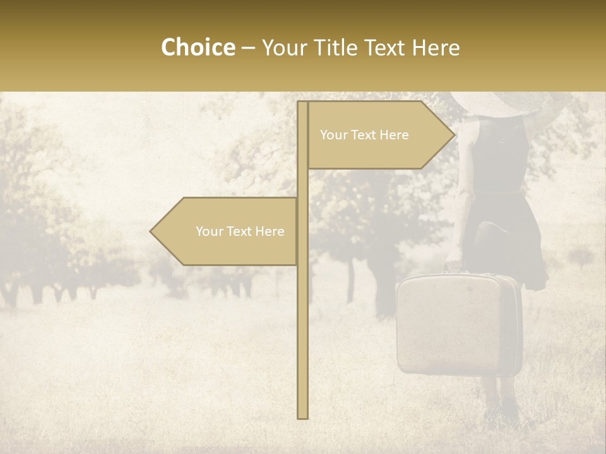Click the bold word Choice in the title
tap(198, 47)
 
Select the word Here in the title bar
tap(436, 47)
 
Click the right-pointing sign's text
tap(364, 135)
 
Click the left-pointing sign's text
tap(240, 231)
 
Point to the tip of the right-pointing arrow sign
tap(454, 135)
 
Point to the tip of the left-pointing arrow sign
tap(151, 231)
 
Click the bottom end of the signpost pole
tap(302, 416)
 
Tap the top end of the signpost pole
tap(302, 103)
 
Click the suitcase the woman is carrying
tap(458, 325)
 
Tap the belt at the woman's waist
tap(499, 189)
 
